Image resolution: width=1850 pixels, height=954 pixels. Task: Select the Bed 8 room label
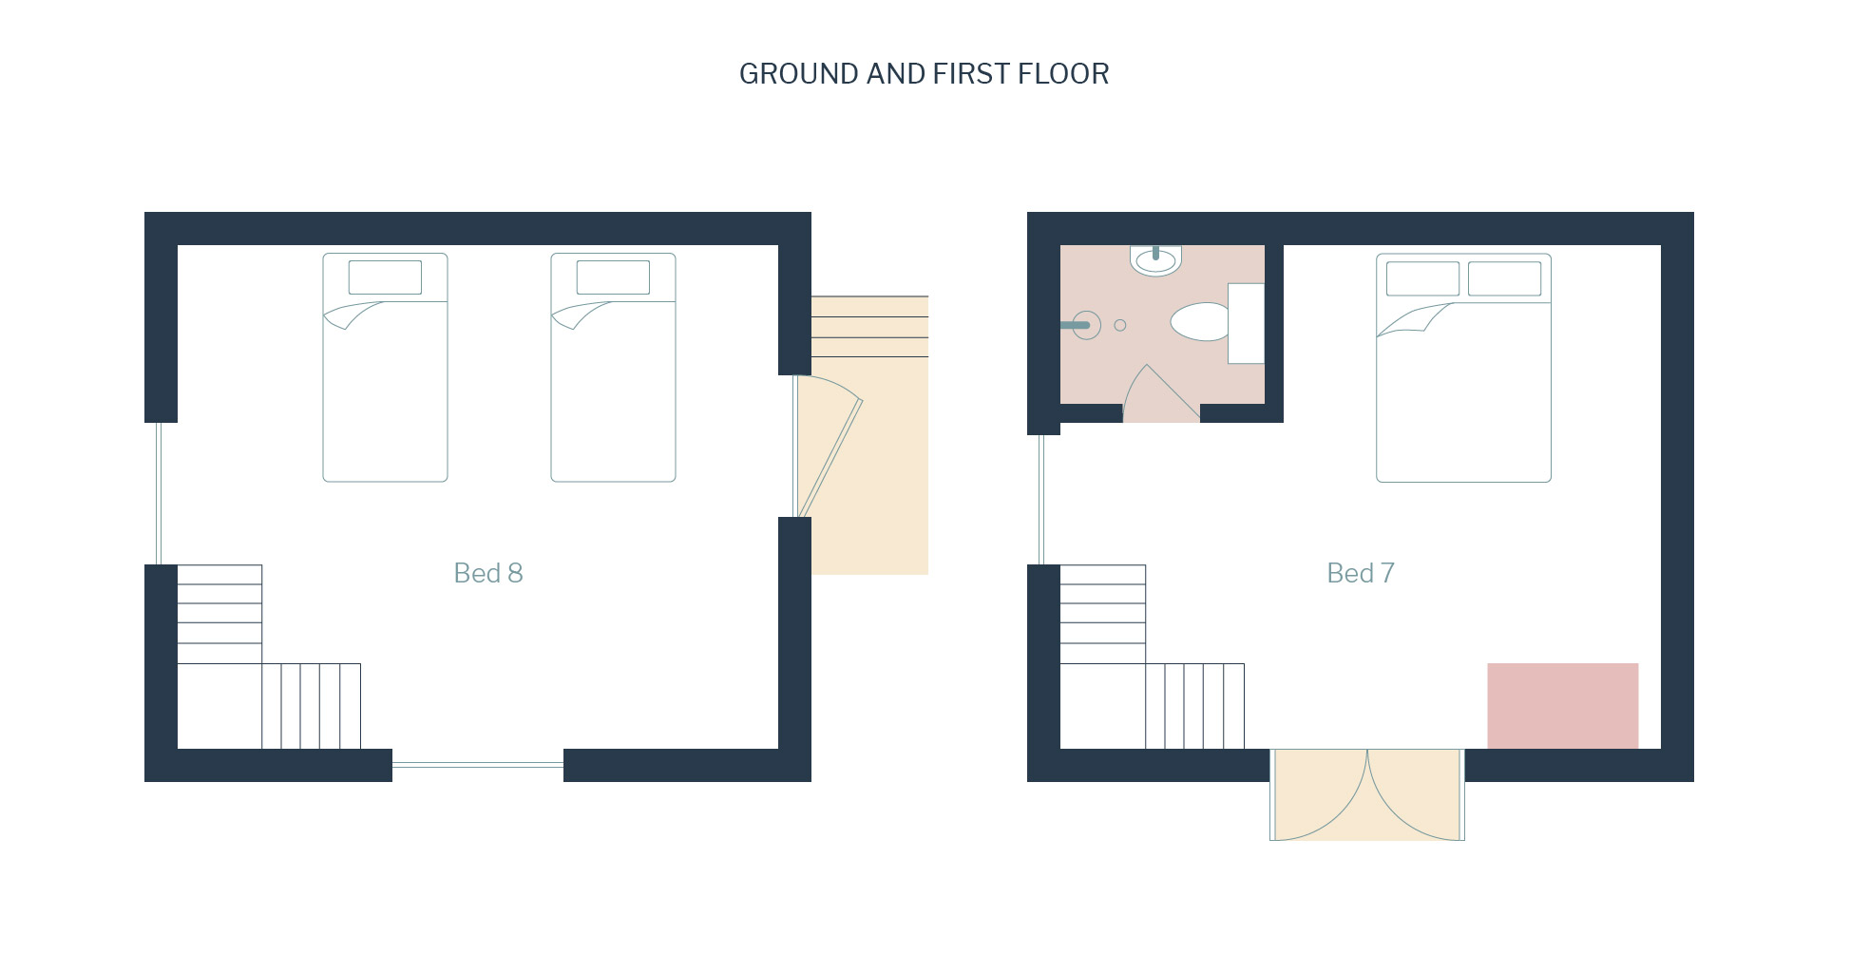(488, 573)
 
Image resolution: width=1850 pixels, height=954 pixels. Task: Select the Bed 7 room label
(1361, 573)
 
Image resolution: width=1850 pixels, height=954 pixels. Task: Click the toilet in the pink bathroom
(1200, 322)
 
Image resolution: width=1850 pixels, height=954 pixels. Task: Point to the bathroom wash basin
(1155, 260)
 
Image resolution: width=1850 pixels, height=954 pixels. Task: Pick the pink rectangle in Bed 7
(1562, 706)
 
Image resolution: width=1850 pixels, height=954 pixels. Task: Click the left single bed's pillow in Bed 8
(385, 277)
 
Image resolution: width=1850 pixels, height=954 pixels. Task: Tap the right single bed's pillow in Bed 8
(613, 277)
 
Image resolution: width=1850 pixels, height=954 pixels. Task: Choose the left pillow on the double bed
(1422, 278)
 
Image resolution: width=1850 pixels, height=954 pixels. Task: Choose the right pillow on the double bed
(1504, 278)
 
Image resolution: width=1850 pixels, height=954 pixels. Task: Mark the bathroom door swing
(1161, 393)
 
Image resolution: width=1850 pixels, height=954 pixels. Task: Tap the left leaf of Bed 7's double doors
(1320, 795)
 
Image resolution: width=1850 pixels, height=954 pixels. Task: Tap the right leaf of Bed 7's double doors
(1416, 795)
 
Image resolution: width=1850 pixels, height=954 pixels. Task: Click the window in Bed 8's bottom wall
(478, 764)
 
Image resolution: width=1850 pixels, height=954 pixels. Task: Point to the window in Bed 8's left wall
(159, 494)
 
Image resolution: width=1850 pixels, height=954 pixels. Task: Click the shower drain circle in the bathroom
(1120, 325)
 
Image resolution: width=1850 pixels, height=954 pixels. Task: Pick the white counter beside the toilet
(1246, 323)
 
